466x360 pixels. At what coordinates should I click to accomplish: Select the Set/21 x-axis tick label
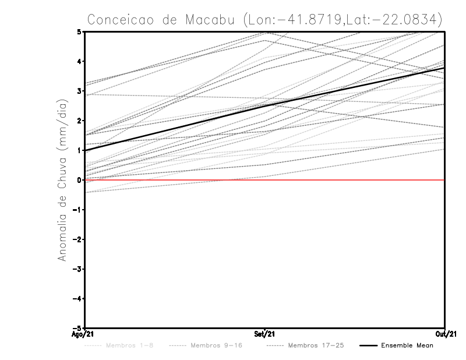click(265, 334)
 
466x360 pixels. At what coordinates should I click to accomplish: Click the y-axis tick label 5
click(79, 31)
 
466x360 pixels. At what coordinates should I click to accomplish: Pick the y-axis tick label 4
click(79, 61)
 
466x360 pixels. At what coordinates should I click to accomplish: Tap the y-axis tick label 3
click(79, 91)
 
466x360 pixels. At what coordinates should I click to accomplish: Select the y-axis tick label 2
click(79, 121)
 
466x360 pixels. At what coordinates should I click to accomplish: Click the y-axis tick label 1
click(79, 150)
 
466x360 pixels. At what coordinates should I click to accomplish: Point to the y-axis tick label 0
click(79, 180)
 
